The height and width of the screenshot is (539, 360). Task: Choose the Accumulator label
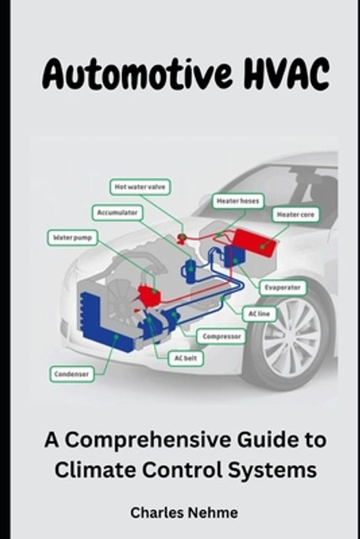119,212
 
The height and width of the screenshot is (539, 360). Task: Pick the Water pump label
73,236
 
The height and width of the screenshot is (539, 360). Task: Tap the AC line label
259,313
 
